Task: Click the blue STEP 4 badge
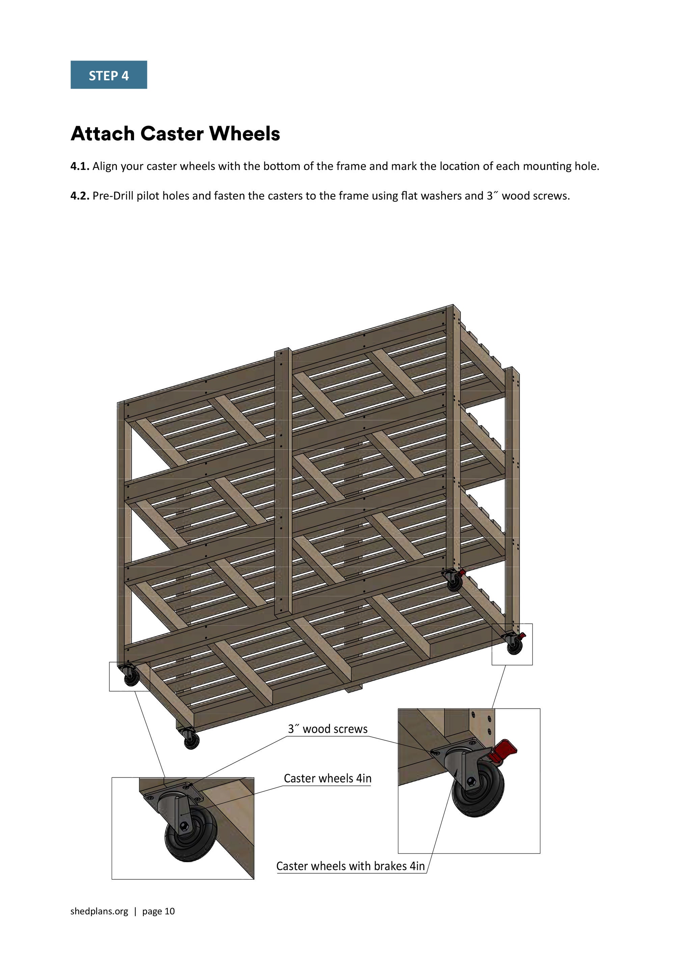coord(109,75)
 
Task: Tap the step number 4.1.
coord(79,167)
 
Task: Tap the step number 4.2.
coord(79,196)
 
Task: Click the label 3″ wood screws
coord(328,729)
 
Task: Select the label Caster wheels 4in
coord(327,778)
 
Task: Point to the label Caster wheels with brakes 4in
coord(350,866)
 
